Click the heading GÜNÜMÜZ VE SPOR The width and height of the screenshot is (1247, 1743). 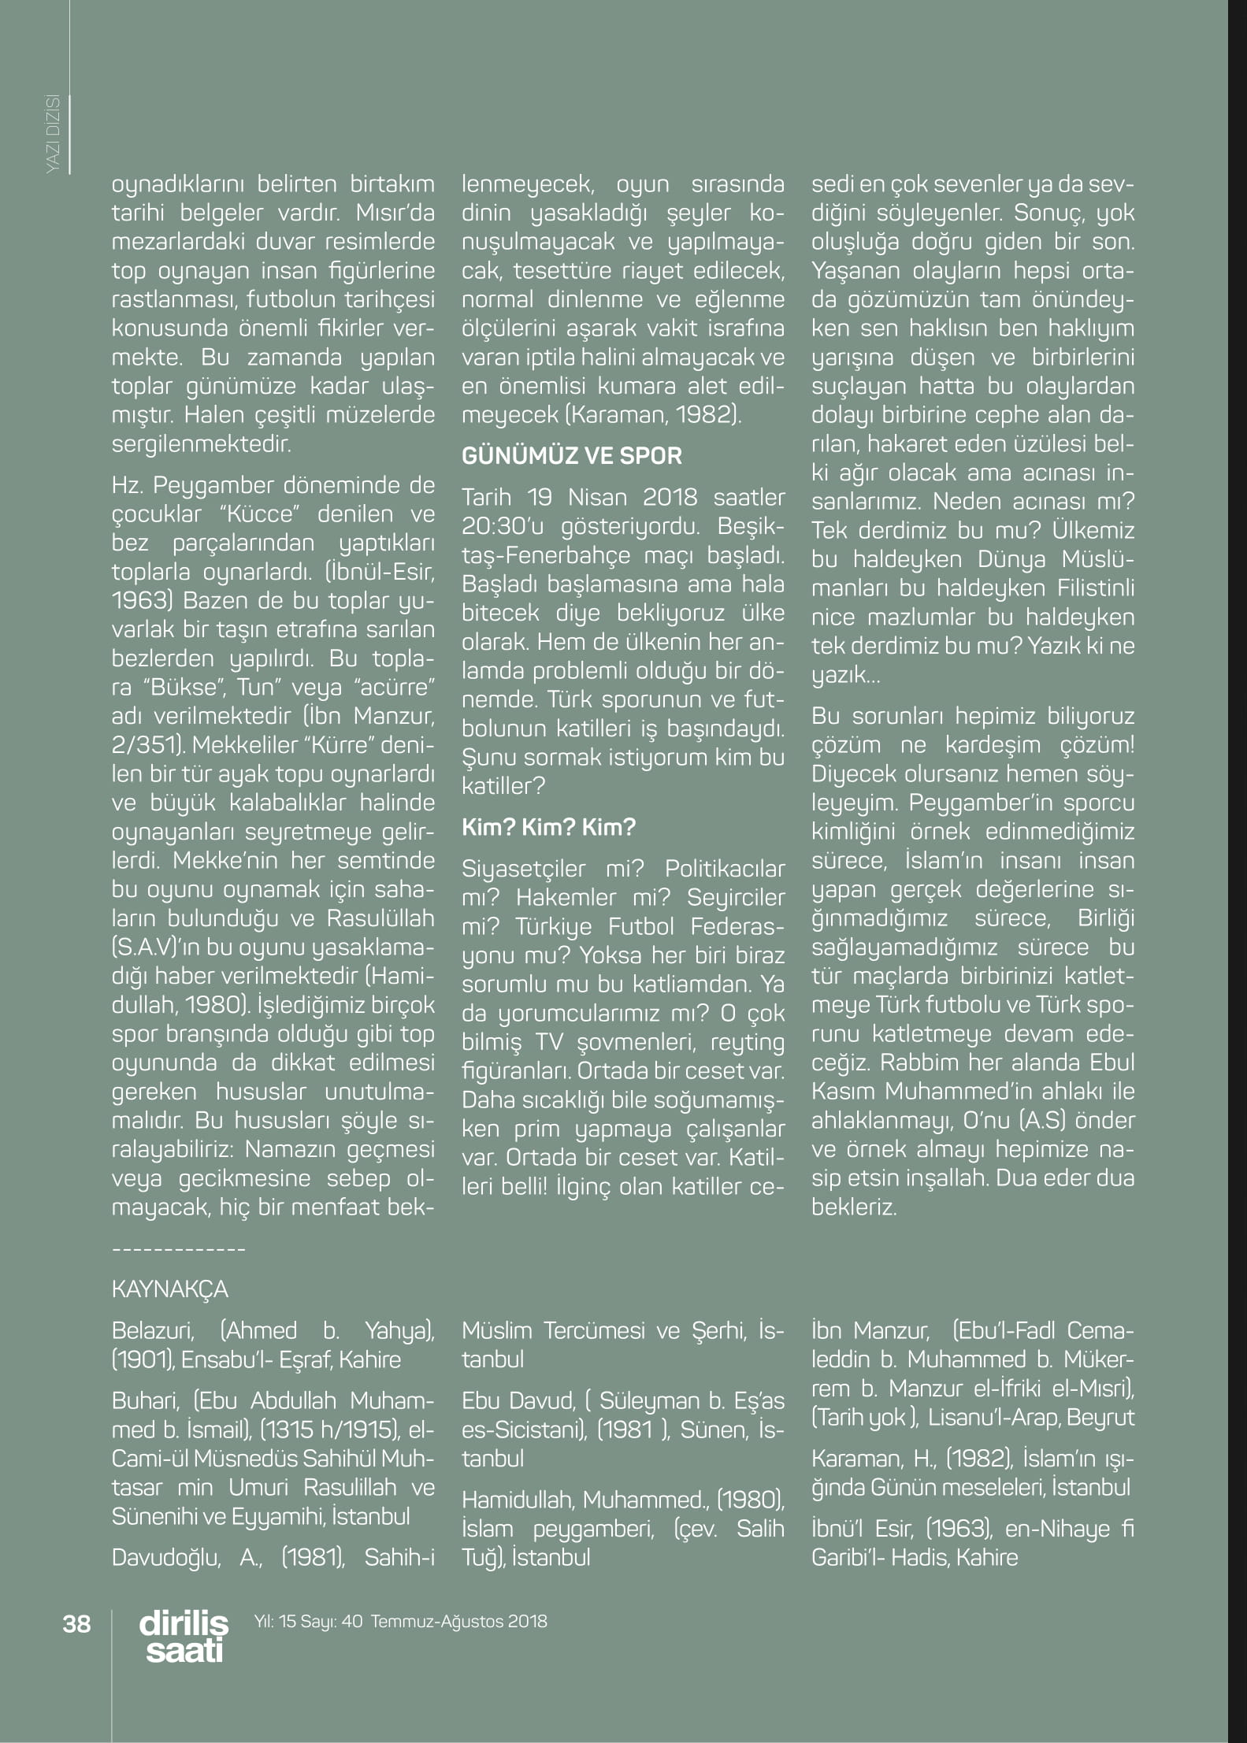click(x=571, y=456)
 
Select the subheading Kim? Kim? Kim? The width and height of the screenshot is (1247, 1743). click(x=548, y=828)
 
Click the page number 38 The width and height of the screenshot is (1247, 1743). click(x=76, y=1624)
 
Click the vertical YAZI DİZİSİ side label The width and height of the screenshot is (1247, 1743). click(x=54, y=134)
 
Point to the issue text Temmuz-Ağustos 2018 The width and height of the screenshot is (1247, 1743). click(x=458, y=1622)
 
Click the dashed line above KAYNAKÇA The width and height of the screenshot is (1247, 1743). click(x=179, y=1249)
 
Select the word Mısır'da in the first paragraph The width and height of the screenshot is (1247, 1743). click(x=395, y=213)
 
